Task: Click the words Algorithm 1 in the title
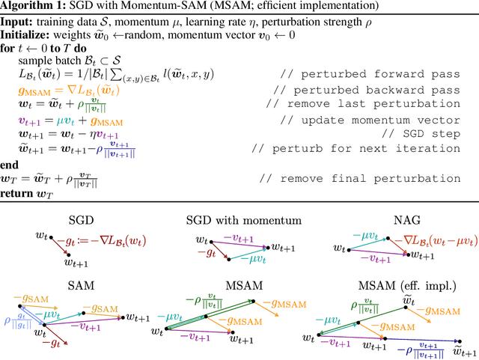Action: pos(29,7)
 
